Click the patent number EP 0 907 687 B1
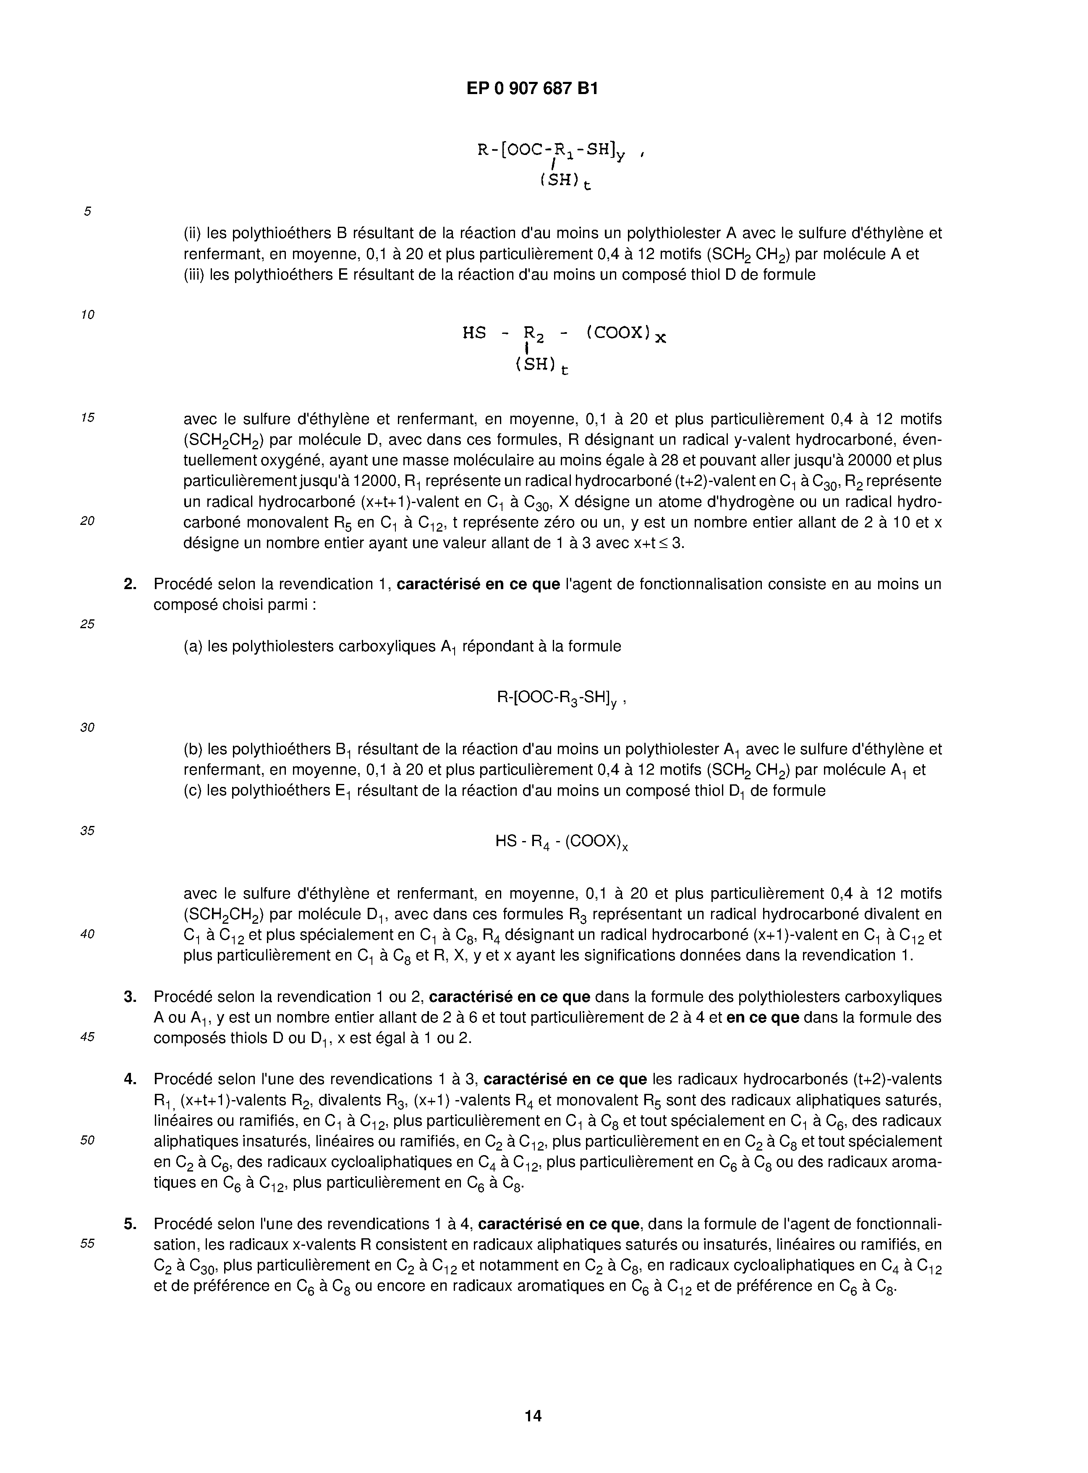coord(532,88)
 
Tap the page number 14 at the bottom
coord(534,1415)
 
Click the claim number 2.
coord(130,584)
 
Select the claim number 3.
coord(130,997)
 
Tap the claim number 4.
coord(130,1079)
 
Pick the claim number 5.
coord(130,1224)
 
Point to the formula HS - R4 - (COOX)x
coord(561,843)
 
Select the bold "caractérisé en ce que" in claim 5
coord(559,1224)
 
